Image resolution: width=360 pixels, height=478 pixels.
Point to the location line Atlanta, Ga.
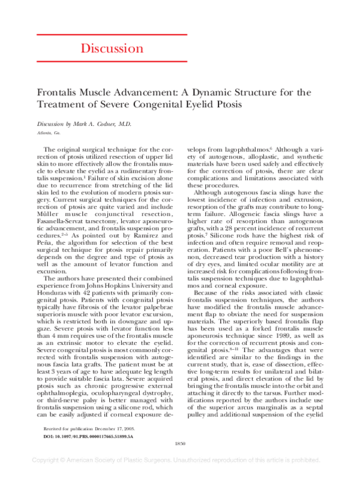[49, 132]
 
